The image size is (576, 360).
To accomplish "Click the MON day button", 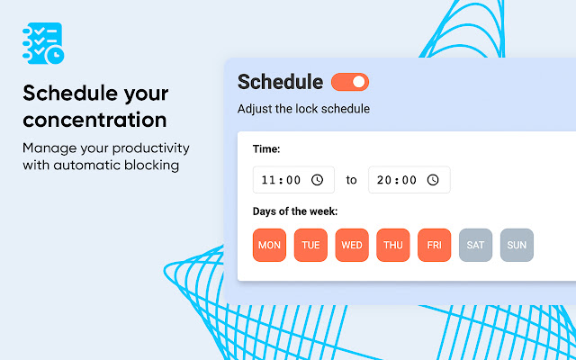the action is [269, 245].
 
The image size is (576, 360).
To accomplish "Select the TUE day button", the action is [310, 245].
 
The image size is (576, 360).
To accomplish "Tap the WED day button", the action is [352, 245].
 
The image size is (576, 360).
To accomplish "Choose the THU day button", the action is [393, 245].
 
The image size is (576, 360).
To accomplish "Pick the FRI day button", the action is [434, 245].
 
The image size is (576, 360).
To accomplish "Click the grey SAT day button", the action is [475, 245].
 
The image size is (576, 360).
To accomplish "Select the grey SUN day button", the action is [517, 245].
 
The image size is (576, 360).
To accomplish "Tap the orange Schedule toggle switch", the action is [350, 82].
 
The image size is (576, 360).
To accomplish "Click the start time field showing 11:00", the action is [293, 180].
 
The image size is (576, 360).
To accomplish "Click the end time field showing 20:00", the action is [409, 180].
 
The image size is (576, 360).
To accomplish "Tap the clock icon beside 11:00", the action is [318, 180].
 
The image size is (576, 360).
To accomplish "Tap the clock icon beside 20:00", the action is [433, 180].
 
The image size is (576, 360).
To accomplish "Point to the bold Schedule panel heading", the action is [280, 82].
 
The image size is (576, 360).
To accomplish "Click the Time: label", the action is [266, 149].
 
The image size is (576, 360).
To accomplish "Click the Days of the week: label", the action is [295, 211].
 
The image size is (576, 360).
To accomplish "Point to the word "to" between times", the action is [351, 180].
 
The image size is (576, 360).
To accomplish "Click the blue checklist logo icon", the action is [43, 43].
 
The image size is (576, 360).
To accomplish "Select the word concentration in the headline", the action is [94, 120].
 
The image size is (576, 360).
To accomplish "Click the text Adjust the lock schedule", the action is [303, 109].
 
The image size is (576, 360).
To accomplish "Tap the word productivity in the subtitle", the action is [151, 148].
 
